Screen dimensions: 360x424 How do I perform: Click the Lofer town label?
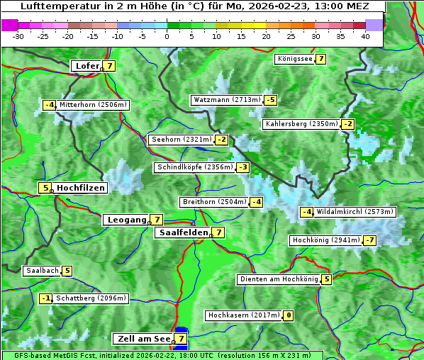click(87, 66)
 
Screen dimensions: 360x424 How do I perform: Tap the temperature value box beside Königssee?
click(320, 59)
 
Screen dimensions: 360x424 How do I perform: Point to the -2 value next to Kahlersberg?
click(347, 124)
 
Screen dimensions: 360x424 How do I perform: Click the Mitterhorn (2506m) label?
click(93, 105)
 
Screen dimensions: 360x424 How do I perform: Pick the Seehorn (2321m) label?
click(182, 140)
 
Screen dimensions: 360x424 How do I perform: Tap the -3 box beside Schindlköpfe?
click(243, 167)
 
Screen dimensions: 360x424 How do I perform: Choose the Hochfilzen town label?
click(81, 188)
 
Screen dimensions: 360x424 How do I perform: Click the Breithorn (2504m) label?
click(213, 202)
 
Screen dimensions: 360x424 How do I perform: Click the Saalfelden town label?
click(184, 232)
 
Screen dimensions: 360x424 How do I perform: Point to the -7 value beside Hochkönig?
click(370, 240)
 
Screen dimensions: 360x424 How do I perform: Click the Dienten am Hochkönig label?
click(279, 279)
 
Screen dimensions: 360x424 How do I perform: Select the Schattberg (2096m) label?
click(91, 298)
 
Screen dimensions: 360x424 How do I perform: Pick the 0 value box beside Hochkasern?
click(288, 315)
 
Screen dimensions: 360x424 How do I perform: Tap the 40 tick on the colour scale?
click(365, 36)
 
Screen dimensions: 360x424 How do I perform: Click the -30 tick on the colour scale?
click(18, 36)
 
